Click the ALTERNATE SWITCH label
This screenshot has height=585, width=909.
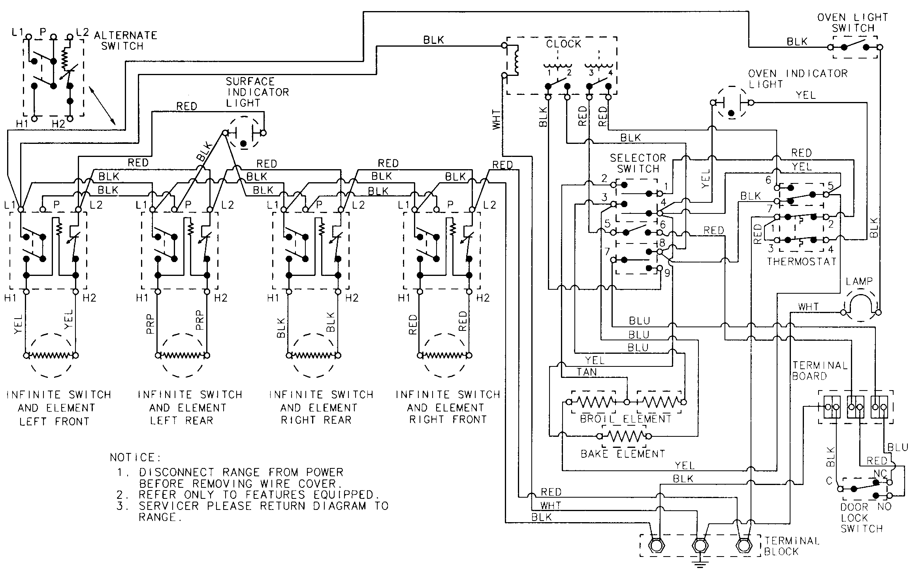point(125,41)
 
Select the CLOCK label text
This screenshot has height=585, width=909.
point(563,44)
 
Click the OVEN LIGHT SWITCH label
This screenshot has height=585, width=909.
point(852,23)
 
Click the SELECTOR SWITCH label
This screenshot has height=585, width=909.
point(638,163)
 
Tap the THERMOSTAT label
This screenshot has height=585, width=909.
point(802,262)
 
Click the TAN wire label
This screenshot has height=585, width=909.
point(586,372)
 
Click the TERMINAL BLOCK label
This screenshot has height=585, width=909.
point(791,546)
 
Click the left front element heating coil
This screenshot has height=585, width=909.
point(50,355)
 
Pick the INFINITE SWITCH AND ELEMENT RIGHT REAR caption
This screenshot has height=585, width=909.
point(320,407)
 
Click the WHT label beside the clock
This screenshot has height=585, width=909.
point(496,119)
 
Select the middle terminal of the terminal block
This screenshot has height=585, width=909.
point(700,546)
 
